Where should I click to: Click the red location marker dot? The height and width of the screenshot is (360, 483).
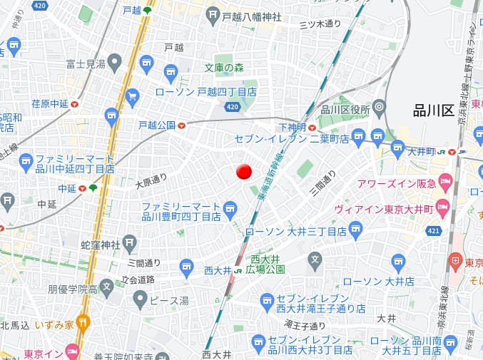244,172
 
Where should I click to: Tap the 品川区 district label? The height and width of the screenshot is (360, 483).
433,110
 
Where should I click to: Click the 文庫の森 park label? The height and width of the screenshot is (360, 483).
224,68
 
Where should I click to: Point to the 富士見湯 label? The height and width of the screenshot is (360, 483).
86,65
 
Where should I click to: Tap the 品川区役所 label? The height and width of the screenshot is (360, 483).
345,109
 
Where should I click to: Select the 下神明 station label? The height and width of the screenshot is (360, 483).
293,126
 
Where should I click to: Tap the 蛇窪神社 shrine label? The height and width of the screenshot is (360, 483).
101,245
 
